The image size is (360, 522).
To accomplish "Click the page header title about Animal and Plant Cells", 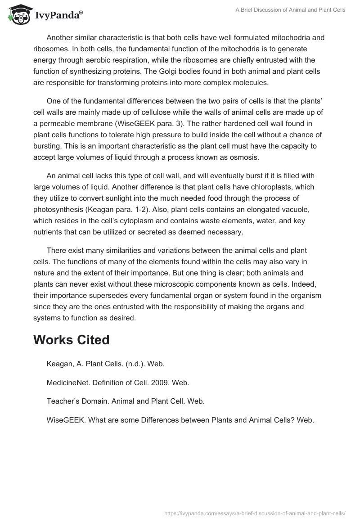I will click(291, 10).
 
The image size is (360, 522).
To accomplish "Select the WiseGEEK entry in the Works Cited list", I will click(180, 420).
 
